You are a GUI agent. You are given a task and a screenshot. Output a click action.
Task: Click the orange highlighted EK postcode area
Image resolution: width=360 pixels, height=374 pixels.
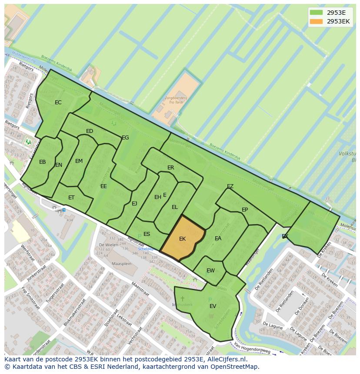tap(183, 239)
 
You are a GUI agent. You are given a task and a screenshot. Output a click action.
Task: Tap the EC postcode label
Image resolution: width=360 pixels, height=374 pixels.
tap(58, 103)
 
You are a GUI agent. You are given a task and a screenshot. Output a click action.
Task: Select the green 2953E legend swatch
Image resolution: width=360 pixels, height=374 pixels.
tap(317, 13)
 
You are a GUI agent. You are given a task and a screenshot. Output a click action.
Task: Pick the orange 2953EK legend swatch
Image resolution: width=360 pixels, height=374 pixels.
tap(317, 21)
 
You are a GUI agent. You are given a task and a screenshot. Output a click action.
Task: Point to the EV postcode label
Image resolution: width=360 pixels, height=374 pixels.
tap(213, 306)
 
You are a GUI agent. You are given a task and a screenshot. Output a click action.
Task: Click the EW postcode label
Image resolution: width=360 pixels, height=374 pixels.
tap(210, 271)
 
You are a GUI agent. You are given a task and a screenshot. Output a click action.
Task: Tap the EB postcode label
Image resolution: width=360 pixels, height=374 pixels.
tap(43, 162)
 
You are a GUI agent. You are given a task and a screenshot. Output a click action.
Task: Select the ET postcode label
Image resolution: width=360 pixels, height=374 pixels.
tap(71, 198)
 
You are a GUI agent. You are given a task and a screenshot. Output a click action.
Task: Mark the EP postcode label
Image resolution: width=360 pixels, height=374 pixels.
tap(245, 210)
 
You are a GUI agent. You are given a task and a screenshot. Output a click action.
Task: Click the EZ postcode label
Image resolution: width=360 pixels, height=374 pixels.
tap(230, 186)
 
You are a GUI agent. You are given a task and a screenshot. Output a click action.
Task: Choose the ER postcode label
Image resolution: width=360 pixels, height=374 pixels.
tap(170, 168)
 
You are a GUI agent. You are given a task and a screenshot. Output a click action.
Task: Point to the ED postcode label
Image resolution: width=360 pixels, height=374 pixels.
tap(90, 131)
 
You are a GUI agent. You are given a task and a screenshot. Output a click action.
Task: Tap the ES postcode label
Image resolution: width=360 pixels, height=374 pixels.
tap(147, 234)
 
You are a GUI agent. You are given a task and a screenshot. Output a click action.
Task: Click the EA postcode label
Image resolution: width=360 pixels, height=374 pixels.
tap(218, 238)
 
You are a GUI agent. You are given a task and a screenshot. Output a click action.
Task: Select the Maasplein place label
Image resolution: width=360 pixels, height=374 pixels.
tap(121, 264)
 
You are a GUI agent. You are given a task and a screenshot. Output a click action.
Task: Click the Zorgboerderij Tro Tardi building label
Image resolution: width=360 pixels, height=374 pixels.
tap(176, 100)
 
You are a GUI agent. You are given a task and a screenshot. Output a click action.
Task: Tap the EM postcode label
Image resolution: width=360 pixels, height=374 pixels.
tap(79, 161)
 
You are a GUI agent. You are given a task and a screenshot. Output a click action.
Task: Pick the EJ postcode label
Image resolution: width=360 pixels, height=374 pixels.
tap(134, 203)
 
